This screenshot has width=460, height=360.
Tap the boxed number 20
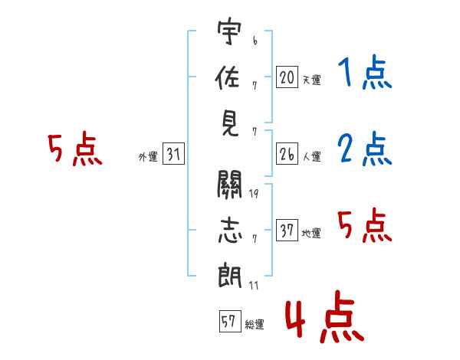click(x=287, y=77)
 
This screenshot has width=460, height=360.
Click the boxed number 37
click(x=287, y=231)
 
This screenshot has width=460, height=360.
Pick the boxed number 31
click(x=173, y=155)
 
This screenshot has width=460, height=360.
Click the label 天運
click(x=311, y=80)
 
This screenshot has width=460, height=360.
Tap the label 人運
click(x=311, y=157)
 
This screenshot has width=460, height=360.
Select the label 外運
click(x=147, y=157)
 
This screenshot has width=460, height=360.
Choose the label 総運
click(x=254, y=324)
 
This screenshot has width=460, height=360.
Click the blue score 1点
click(x=363, y=74)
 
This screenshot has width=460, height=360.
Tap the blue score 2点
click(x=364, y=149)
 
